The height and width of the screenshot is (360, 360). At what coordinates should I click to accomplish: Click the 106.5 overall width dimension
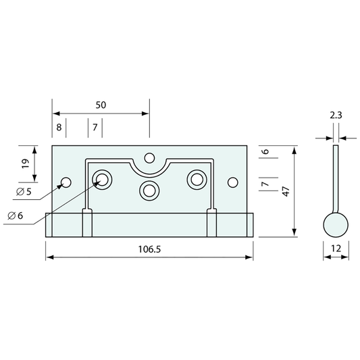coord(149,249)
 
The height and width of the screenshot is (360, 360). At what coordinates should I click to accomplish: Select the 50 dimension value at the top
coord(101,105)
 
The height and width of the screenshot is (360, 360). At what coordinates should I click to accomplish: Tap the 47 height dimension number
coord(286,191)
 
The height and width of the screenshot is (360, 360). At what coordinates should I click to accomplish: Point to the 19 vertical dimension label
coord(26,163)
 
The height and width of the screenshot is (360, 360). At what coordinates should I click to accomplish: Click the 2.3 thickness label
coord(336,115)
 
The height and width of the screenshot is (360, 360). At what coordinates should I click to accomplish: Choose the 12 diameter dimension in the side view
coord(336,249)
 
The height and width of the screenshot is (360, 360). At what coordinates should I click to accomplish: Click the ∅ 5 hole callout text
coord(24,191)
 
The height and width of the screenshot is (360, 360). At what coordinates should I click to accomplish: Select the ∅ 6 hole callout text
coord(16,215)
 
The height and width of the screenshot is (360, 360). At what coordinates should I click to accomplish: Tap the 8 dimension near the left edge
coord(59,127)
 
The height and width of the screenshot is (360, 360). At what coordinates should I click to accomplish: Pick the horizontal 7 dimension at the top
coord(95,127)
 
